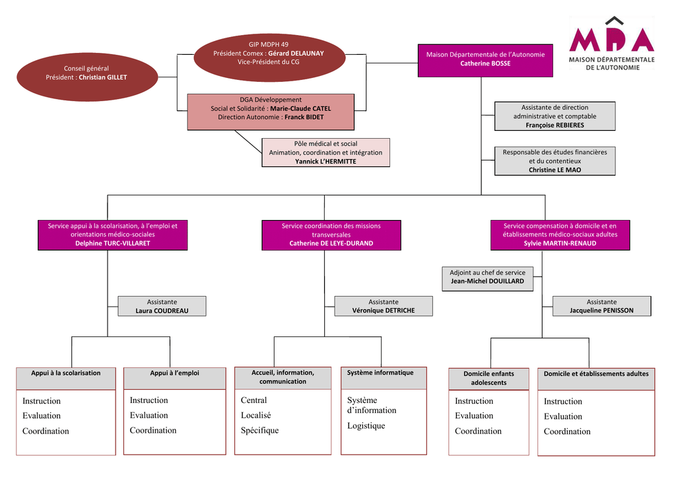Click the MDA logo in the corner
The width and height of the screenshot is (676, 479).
pos(611,44)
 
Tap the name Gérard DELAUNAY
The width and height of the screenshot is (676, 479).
pos(296,54)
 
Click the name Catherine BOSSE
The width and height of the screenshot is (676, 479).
pos(485,63)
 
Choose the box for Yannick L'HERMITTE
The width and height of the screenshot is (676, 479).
pos(325,153)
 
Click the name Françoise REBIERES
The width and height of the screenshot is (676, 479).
pos(555,125)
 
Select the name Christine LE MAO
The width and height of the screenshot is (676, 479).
pos(555,170)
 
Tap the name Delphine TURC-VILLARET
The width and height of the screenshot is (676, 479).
pos(112,243)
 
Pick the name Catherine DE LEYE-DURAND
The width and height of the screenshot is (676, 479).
pos(331,243)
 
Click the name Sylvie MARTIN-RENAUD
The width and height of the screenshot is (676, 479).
pos(560,243)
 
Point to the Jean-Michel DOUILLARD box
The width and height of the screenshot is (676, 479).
pos(487,277)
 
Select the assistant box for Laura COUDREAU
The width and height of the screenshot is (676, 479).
pos(162,306)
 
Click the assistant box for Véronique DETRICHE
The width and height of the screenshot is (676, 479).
pos(384,306)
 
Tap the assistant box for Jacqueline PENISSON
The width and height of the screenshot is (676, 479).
pos(601,306)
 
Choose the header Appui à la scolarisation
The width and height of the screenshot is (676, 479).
pos(66,373)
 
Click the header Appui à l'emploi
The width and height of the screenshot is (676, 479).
pos(174,373)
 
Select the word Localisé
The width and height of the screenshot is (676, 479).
pos(256,416)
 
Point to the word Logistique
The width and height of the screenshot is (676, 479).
pos(366,426)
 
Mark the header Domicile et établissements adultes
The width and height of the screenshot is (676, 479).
pos(596,374)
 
